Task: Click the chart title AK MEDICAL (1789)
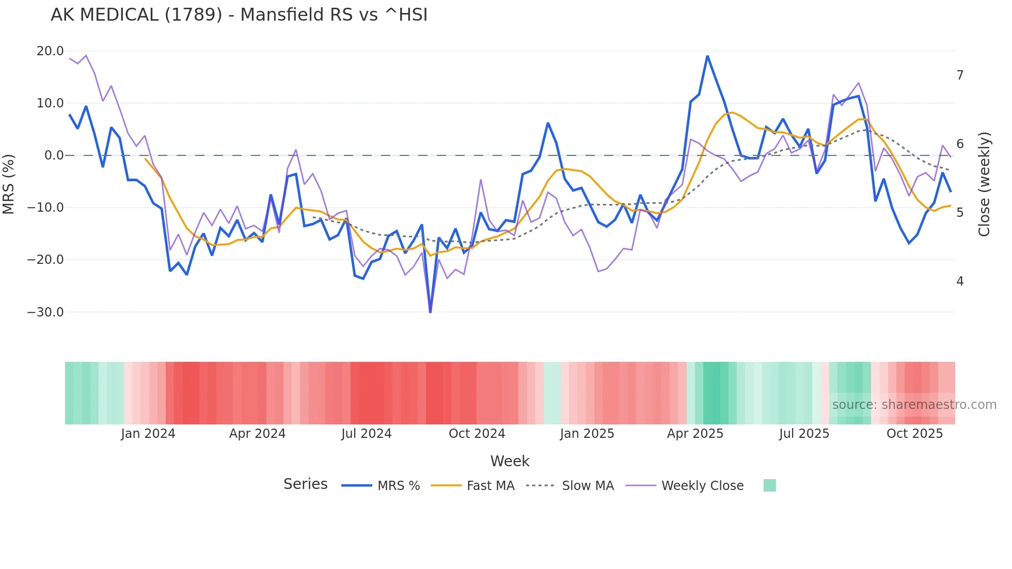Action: pos(239,15)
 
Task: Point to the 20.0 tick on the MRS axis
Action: pos(50,51)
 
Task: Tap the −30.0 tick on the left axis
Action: pos(45,312)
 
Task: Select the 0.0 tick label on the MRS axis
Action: pos(54,155)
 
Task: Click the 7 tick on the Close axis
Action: pos(960,75)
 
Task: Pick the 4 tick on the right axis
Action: pos(960,281)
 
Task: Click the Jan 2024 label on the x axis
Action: pos(148,434)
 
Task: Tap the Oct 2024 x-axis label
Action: pos(477,434)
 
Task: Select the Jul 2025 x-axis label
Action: pos(804,434)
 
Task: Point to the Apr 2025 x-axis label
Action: pos(695,434)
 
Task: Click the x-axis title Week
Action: pos(510,461)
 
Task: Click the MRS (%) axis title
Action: pos(9,184)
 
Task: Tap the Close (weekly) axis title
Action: pos(984,184)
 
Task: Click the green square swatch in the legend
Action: pos(769,485)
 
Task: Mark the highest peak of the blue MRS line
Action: pos(707,56)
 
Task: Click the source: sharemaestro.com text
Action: pos(914,405)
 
